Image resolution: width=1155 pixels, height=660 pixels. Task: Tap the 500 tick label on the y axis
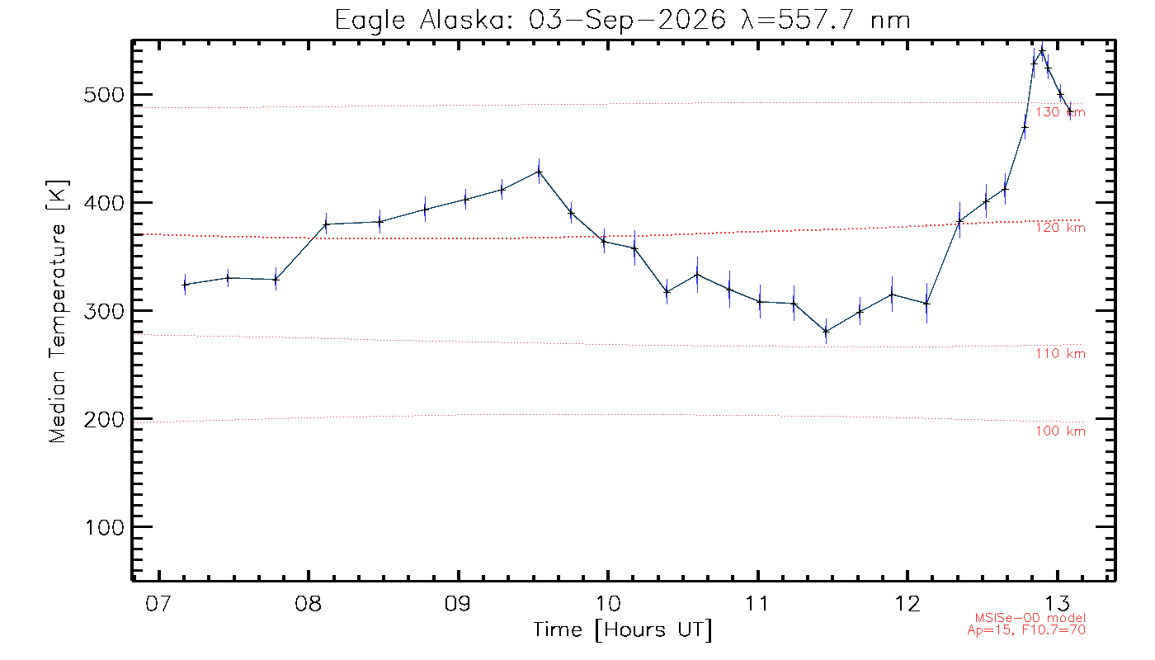pos(104,95)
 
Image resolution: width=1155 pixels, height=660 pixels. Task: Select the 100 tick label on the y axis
pos(104,527)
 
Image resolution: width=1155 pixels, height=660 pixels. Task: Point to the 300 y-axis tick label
pos(104,312)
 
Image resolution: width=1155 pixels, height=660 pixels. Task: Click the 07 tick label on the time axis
pos(158,603)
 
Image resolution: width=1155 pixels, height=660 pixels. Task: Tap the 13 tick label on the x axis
pos(1057,603)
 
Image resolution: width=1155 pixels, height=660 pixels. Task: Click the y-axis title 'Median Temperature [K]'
pos(57,312)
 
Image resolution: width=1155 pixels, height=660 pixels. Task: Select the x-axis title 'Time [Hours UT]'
pos(622,630)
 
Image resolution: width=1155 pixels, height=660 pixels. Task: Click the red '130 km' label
pos(1061,112)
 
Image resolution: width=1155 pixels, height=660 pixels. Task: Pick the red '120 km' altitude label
pos(1061,228)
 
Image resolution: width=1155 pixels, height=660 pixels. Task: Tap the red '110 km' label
pos(1061,354)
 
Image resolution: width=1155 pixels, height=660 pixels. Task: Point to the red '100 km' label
pos(1061,431)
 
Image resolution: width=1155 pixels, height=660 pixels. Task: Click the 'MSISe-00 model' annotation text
pos(1030,618)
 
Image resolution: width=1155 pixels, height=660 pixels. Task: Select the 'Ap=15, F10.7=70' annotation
pos(1026,630)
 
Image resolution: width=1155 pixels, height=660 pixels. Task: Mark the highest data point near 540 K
pos(1042,51)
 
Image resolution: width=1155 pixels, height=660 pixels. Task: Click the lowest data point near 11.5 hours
pos(826,331)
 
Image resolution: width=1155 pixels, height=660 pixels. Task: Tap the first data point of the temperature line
pos(185,285)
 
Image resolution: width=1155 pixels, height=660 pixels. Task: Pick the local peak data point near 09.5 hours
pos(539,172)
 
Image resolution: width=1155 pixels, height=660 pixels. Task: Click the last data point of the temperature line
pos(1070,111)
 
